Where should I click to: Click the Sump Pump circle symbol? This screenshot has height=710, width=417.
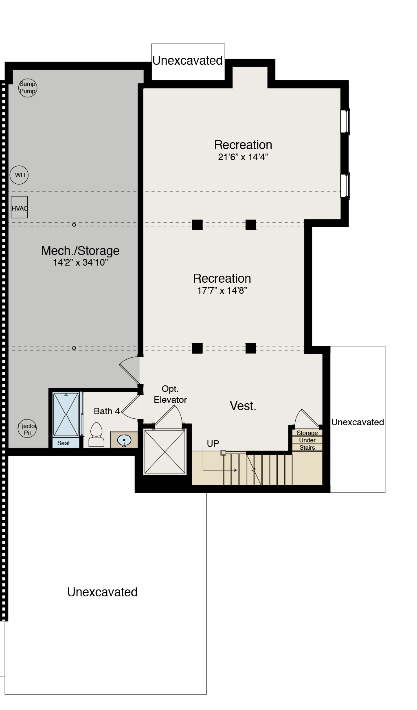(28, 88)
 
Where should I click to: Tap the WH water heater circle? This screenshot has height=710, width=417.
(20, 175)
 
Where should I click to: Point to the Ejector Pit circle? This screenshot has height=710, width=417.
(27, 429)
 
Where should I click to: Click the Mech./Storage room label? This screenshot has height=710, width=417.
(80, 251)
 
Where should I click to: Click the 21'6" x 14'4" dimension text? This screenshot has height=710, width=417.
(243, 157)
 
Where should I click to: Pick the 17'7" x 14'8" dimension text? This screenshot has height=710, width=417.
(222, 290)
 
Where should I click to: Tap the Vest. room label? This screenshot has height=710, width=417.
(243, 406)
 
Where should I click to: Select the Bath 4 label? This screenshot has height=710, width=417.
(107, 411)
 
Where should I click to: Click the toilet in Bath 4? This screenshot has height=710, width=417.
(96, 435)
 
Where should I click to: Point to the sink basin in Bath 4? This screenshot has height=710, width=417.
(124, 440)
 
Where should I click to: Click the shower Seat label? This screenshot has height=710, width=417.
(64, 443)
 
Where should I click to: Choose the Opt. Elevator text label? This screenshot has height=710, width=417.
(170, 394)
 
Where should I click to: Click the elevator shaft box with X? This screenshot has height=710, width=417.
(165, 451)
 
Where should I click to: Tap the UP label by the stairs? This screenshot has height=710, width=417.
(213, 444)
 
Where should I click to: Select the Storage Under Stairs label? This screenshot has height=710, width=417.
(307, 440)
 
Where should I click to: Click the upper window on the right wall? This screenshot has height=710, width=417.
(345, 121)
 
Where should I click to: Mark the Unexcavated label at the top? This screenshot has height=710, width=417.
(188, 60)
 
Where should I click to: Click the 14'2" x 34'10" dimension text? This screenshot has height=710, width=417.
(80, 262)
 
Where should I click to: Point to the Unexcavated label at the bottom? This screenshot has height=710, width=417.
(102, 592)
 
